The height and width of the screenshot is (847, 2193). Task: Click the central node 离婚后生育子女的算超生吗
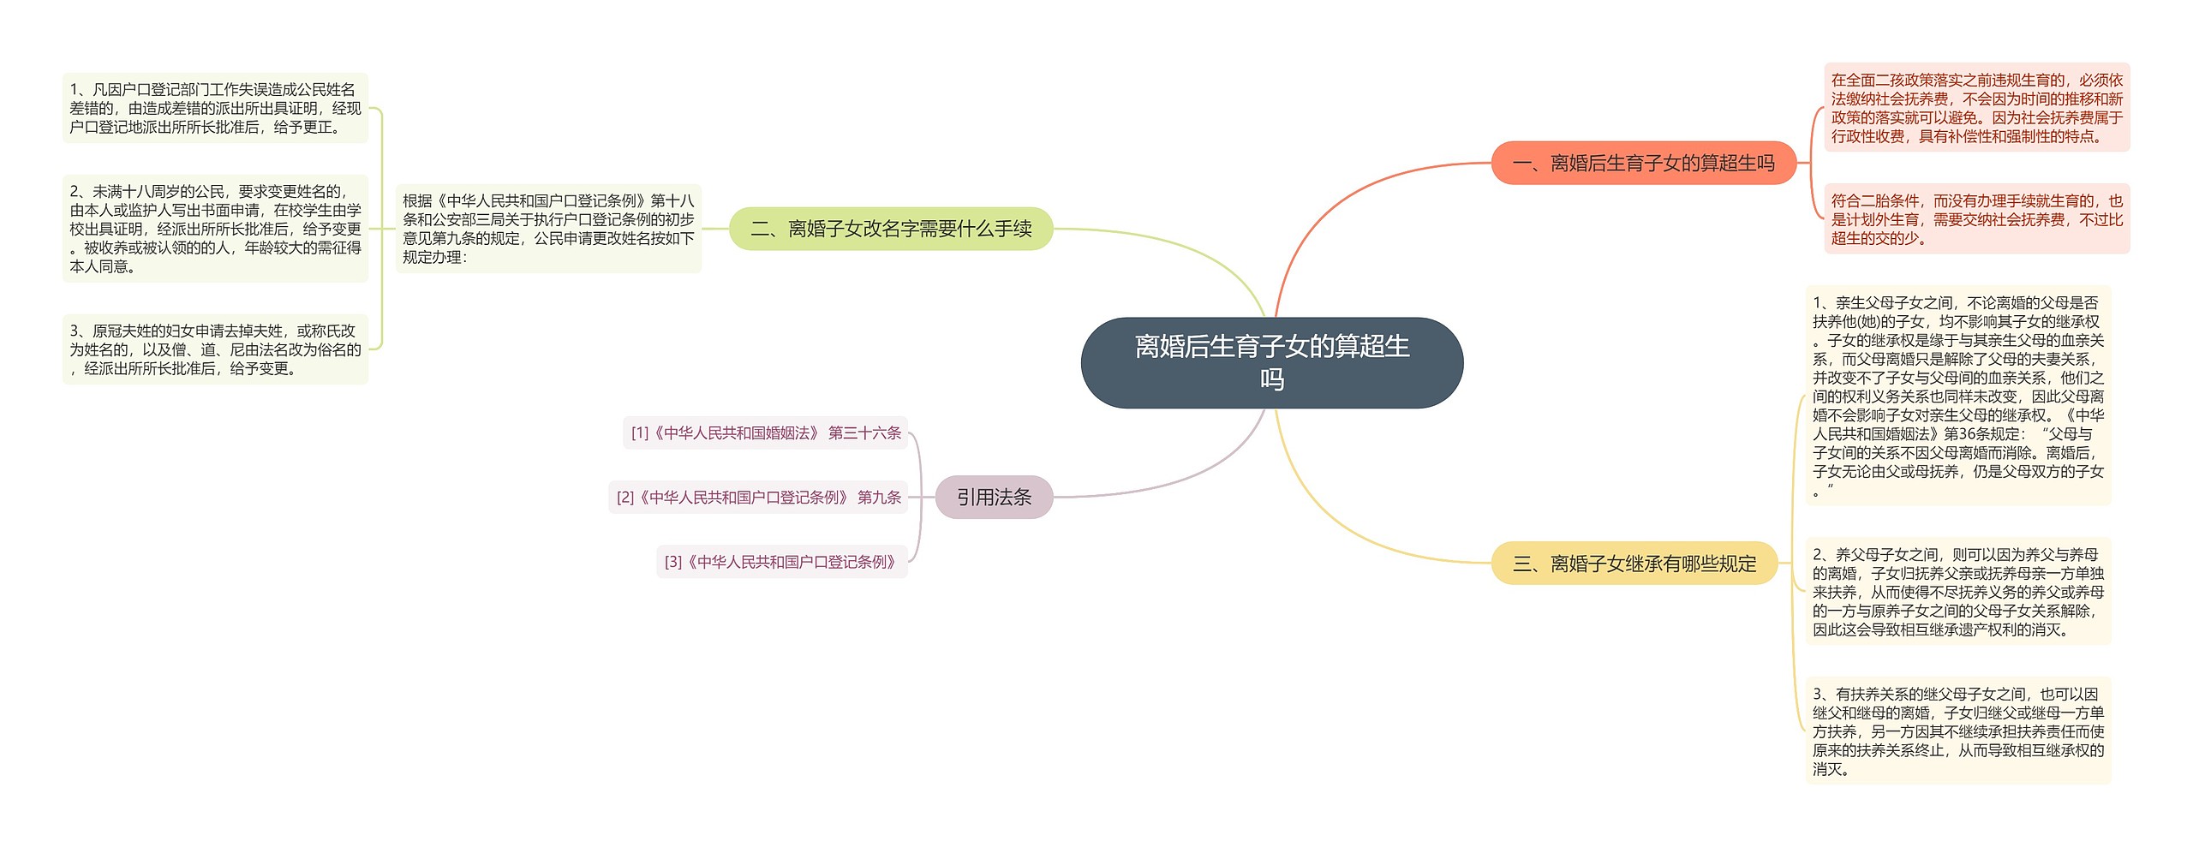pos(1271,362)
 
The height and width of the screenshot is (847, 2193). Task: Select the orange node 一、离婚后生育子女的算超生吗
pos(1643,163)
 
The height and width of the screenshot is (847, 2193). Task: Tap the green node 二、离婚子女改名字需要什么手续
pos(891,229)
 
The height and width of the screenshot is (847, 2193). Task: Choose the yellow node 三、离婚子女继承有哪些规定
pos(1634,563)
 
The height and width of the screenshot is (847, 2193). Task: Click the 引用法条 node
pos(994,497)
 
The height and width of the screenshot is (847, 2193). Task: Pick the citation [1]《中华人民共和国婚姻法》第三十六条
pos(766,432)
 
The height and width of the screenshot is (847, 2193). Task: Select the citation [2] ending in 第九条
pos(758,497)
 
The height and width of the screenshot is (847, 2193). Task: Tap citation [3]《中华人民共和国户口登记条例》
pos(781,562)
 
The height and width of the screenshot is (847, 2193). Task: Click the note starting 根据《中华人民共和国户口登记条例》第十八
pos(548,229)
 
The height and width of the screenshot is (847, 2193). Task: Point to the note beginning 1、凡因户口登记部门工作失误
pos(215,108)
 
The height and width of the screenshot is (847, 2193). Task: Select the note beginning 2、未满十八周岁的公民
pos(215,229)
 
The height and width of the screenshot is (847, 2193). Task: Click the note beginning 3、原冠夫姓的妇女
pos(215,349)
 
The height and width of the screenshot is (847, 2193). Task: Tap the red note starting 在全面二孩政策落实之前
pos(1976,108)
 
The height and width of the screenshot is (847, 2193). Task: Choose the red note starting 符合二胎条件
pos(1976,219)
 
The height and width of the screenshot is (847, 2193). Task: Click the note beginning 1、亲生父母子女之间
pos(1957,396)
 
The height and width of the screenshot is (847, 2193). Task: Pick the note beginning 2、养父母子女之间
pos(1957,591)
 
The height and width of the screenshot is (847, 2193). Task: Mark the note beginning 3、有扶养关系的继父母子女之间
pos(1957,731)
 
